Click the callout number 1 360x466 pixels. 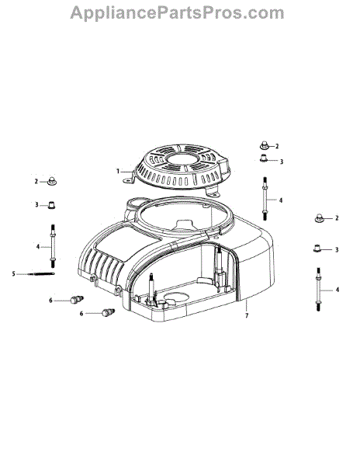(118, 171)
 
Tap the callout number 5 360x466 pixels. (13, 273)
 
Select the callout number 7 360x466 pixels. (247, 315)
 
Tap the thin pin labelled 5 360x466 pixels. (41, 273)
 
